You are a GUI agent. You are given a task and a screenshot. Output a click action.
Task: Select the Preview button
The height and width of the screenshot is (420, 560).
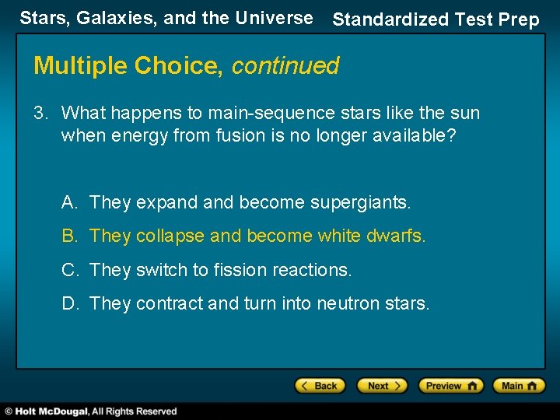coord(450,386)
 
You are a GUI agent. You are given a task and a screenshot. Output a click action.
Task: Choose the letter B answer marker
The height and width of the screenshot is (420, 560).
coord(69,236)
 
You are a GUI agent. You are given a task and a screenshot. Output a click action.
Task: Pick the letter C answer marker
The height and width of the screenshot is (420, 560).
coord(69,270)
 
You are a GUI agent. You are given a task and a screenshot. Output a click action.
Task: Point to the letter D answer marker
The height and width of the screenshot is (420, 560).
coord(69,303)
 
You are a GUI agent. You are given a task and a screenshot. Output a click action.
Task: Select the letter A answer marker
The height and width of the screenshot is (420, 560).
coord(69,202)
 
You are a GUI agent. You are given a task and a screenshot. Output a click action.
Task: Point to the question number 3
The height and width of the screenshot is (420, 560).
coord(40,114)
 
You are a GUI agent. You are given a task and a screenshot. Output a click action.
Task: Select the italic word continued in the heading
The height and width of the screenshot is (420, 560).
coord(285,66)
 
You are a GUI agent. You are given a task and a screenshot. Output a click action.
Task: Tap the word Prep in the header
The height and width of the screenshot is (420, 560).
coord(517,20)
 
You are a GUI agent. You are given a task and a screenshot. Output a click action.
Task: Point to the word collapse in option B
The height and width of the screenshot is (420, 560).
coord(170,236)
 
